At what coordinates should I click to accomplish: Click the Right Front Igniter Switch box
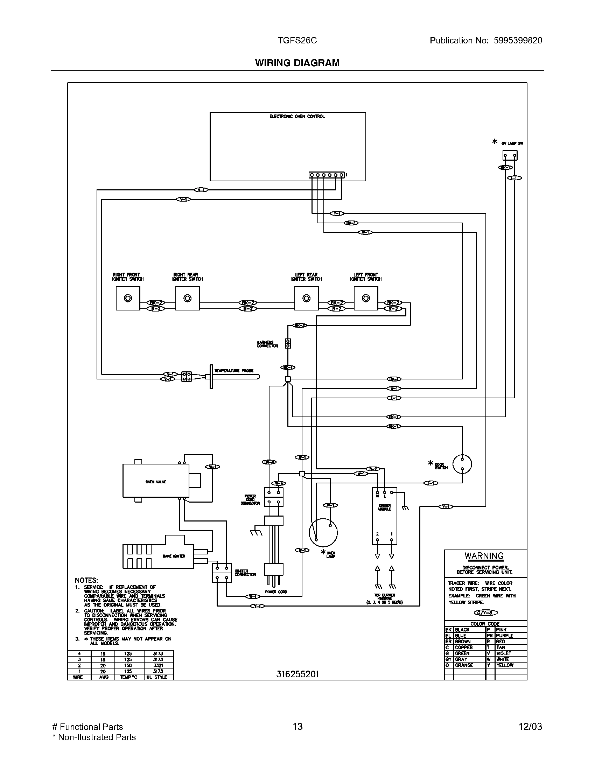[128, 298]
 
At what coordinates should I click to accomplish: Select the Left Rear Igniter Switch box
[306, 298]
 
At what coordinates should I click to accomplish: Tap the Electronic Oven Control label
[297, 116]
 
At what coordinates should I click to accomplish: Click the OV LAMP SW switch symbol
[510, 155]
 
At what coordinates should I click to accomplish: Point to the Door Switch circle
[462, 464]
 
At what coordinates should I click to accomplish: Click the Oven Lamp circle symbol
[323, 532]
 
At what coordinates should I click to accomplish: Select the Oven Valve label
[155, 482]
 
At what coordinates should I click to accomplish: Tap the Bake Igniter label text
[174, 556]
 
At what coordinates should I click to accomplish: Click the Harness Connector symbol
[288, 343]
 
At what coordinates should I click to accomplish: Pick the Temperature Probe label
[234, 371]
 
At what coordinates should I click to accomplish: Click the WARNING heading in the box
[484, 556]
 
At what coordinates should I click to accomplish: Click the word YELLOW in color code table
[505, 665]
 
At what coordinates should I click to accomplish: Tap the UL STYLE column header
[158, 677]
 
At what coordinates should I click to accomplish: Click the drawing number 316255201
[297, 674]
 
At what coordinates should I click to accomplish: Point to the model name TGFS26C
[297, 41]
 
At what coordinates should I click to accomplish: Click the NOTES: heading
[86, 580]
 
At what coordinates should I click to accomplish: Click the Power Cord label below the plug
[276, 592]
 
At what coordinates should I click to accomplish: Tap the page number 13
[297, 727]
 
